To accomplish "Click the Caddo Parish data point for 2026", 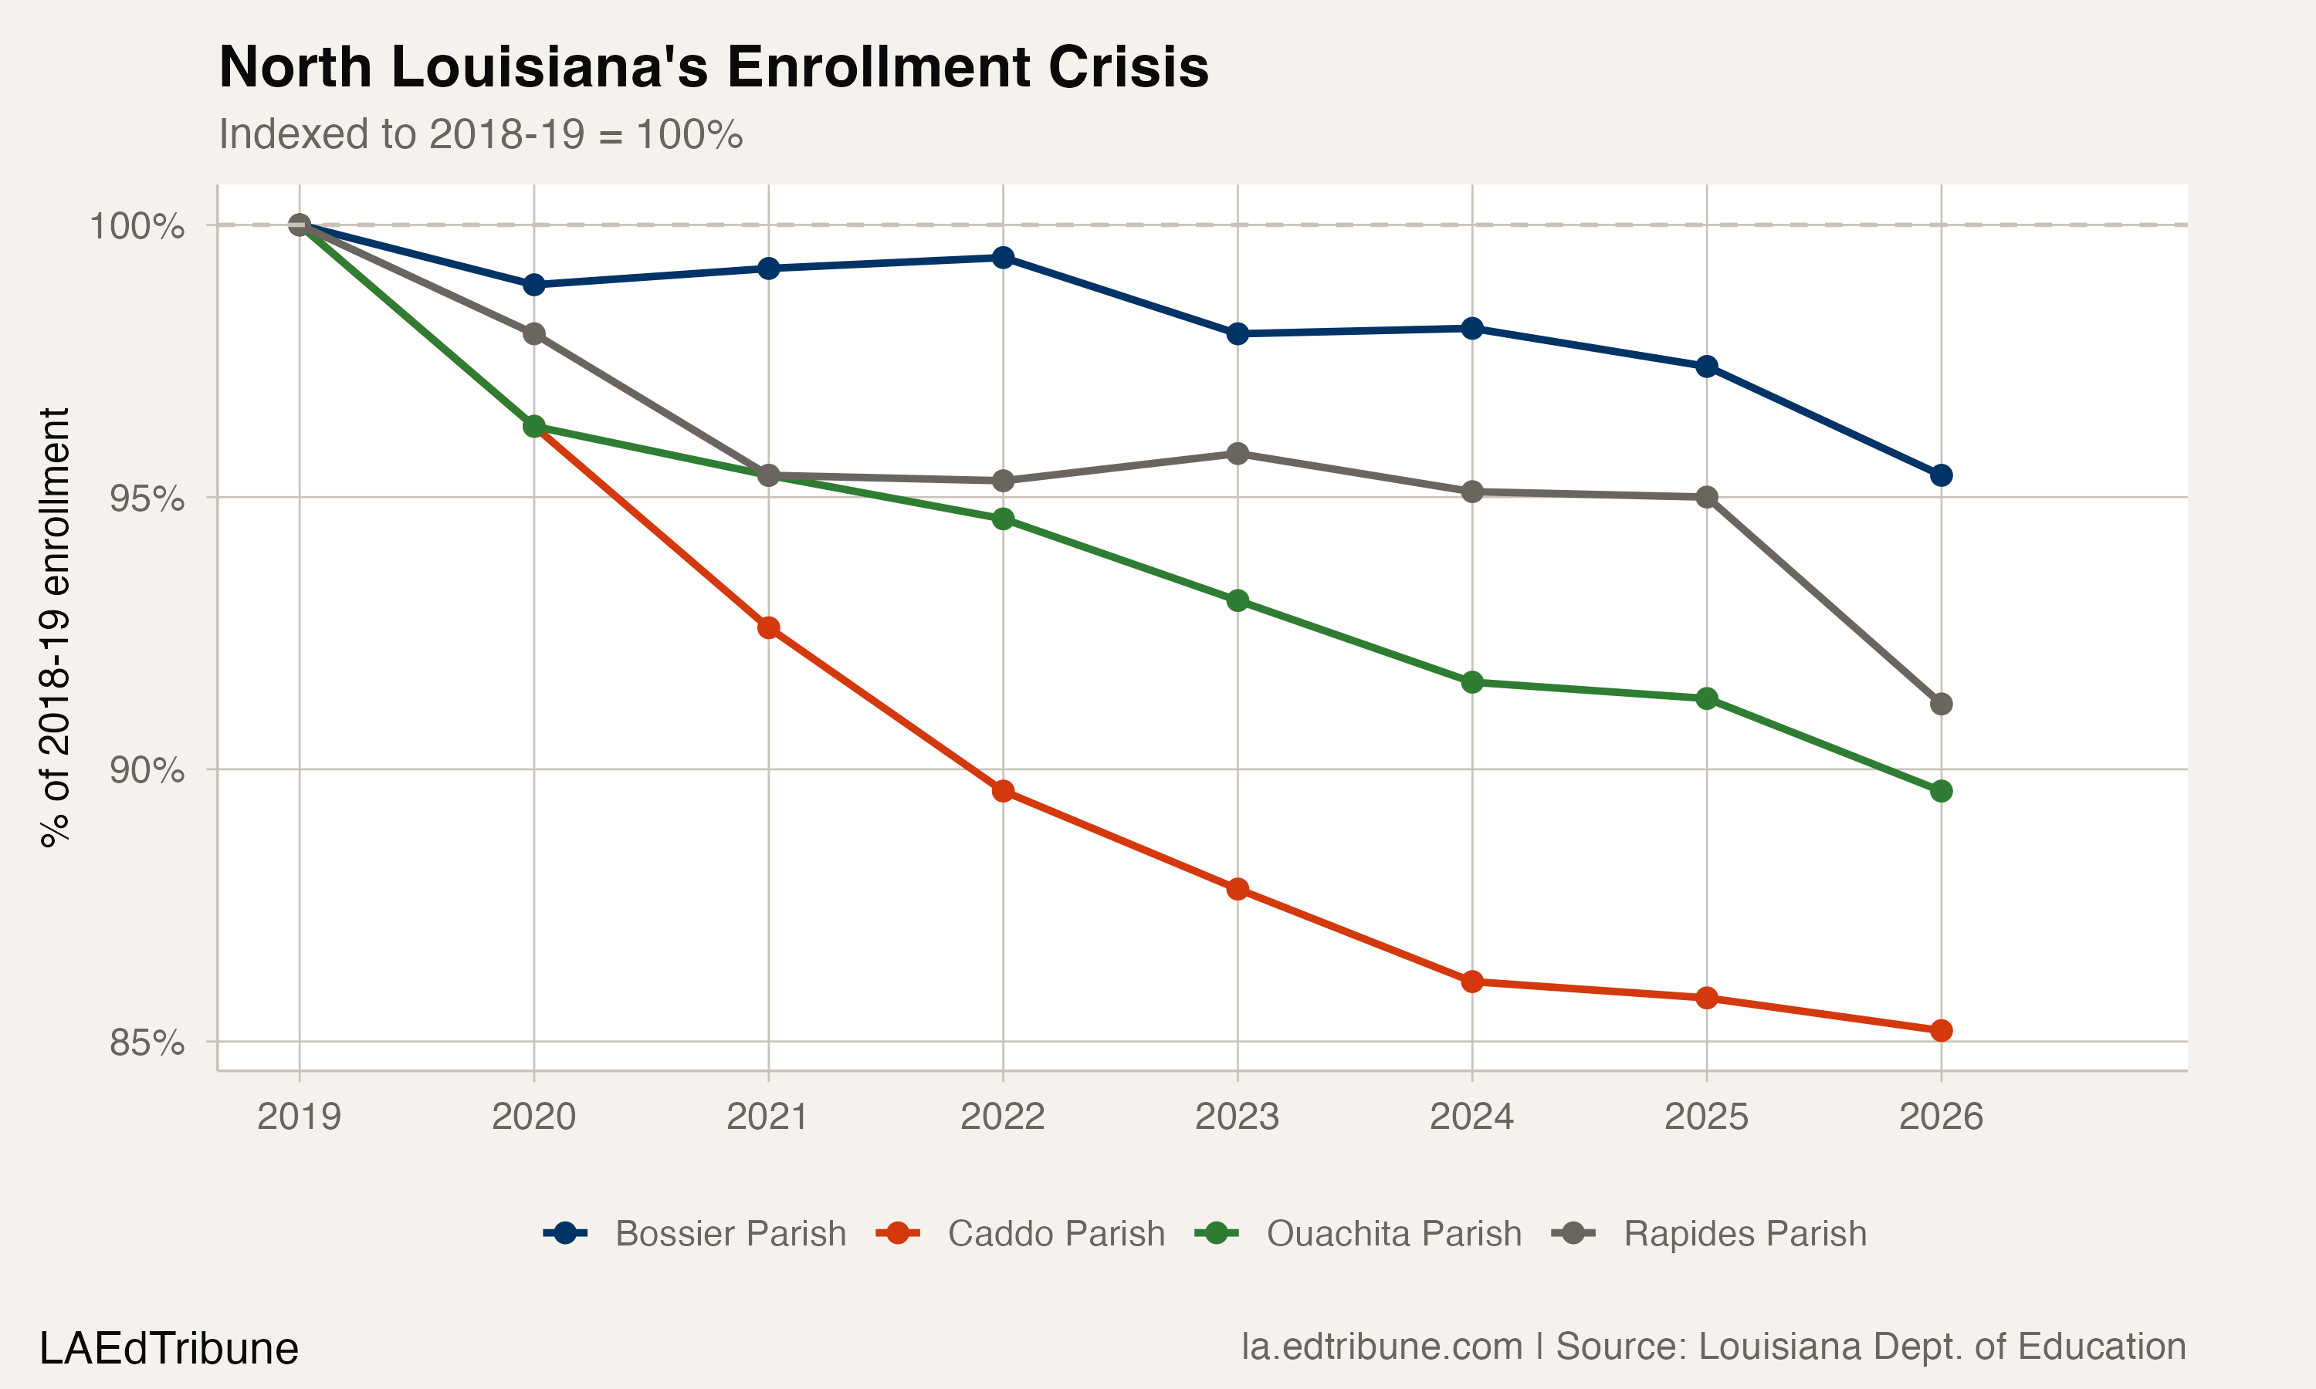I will [x=1941, y=1030].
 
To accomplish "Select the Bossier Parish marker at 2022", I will [x=1003, y=258].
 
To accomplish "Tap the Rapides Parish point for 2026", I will [x=1941, y=704].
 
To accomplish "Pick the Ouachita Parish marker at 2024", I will [x=1471, y=682].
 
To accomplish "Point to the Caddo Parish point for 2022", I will [x=1003, y=792].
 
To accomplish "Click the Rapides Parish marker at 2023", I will [x=1238, y=454].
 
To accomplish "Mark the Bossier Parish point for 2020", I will [x=533, y=285].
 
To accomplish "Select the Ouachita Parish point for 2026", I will [x=1941, y=792].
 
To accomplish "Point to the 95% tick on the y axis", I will [x=146, y=498].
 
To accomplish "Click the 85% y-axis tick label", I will [x=146, y=1043].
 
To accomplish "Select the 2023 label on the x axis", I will [x=1237, y=1117].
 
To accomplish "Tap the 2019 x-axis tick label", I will [x=300, y=1117].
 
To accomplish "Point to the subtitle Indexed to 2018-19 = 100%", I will [x=480, y=135].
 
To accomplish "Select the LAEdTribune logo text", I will [x=168, y=1349].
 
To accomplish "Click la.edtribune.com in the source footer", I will [x=1382, y=1347].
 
